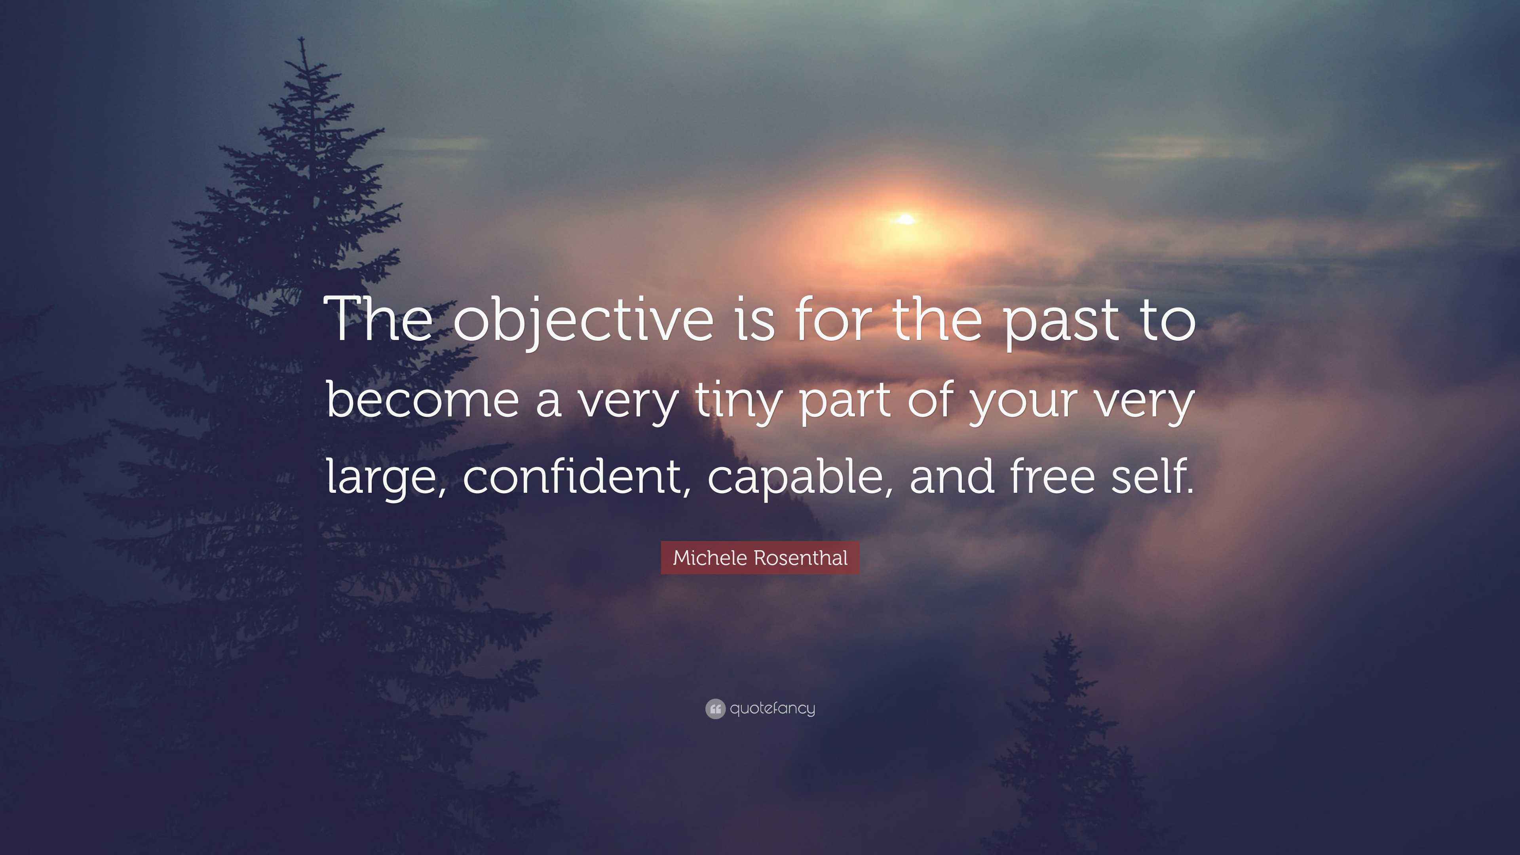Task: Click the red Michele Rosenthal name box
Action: [760, 558]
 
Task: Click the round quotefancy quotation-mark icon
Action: [715, 709]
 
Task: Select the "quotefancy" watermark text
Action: [772, 708]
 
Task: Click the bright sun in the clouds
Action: [905, 220]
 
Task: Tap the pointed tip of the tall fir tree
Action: [302, 38]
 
